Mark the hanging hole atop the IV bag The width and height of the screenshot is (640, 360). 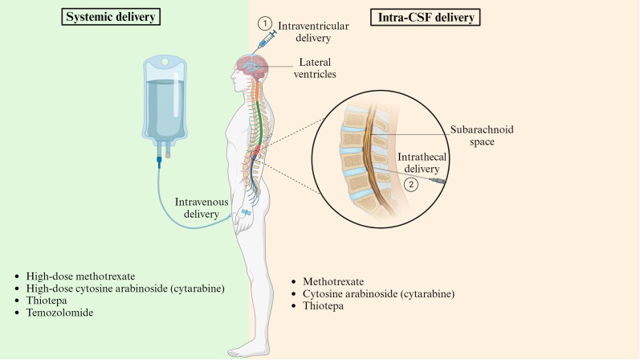[165, 61]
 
